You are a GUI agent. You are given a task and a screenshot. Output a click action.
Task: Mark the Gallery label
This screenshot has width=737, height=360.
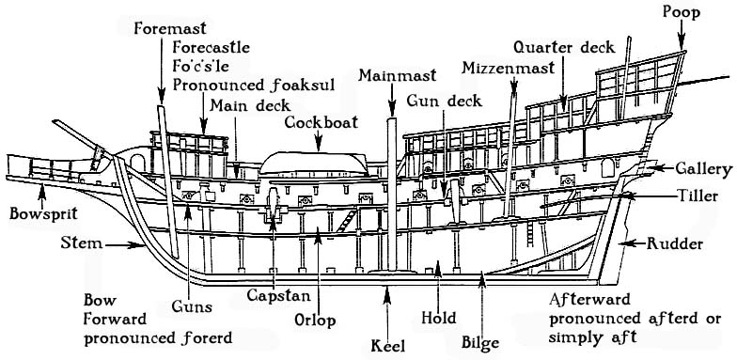pos(702,168)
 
